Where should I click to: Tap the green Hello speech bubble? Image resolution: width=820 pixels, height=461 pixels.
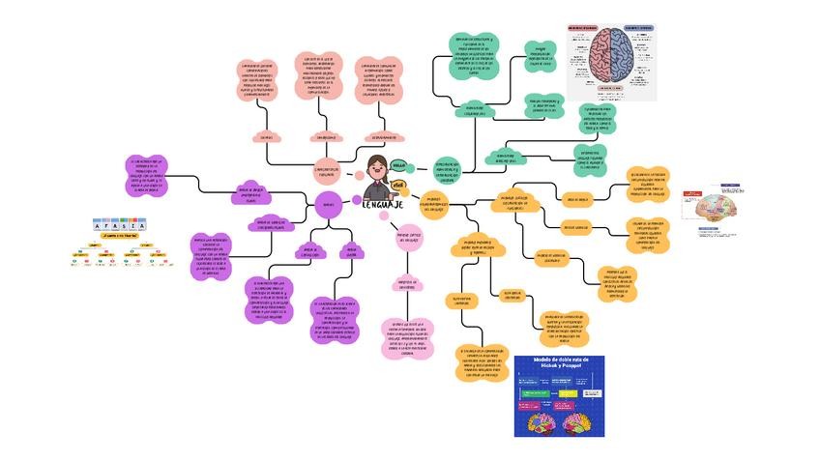[398, 165]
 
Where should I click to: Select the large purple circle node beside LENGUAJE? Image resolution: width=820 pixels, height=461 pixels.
[328, 204]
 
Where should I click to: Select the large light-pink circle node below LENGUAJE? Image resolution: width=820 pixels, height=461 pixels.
[408, 236]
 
